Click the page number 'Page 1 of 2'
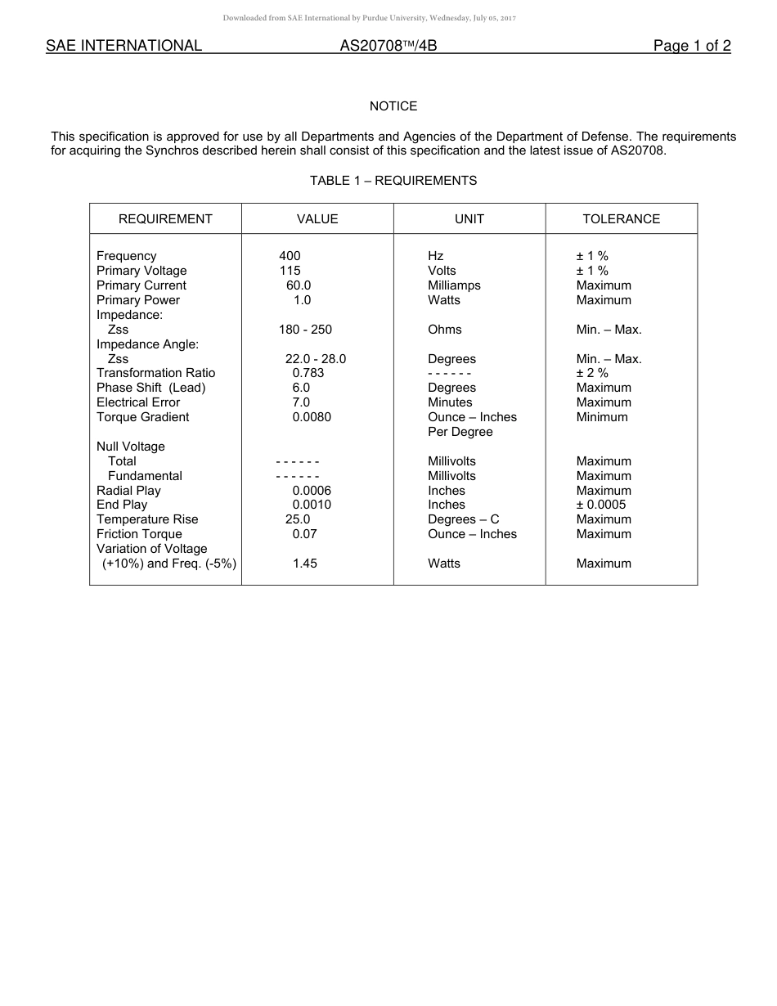pos(691,46)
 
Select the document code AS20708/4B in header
pos(388,46)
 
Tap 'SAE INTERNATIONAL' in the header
pos(124,46)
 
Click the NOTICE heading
pos(393,106)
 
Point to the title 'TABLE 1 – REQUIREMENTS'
pos(393,181)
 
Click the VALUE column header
pos(317,219)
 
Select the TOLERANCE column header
pos(621,219)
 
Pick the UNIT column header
pos(469,219)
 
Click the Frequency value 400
pos(290,256)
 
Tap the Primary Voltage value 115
pos(290,271)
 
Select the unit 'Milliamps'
pos(454,285)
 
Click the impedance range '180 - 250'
pos(305,330)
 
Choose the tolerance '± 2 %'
pos(592,373)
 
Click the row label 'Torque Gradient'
pos(142,417)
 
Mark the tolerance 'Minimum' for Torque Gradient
pos(602,417)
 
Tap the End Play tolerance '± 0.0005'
pos(601,505)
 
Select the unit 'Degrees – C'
pos(463,519)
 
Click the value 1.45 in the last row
pos(305,564)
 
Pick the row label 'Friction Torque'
pos(139,534)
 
